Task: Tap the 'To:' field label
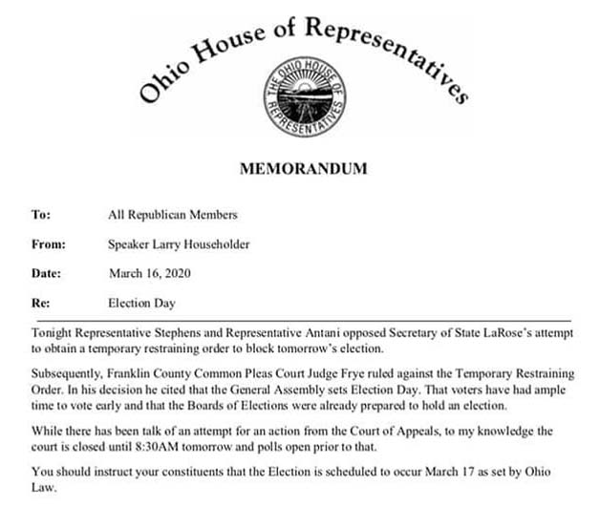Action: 40,214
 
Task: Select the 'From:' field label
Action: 47,243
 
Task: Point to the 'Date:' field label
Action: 46,273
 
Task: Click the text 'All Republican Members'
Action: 172,214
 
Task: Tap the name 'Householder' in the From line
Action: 217,243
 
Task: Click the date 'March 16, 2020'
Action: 151,273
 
